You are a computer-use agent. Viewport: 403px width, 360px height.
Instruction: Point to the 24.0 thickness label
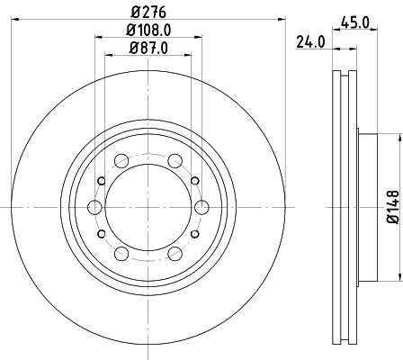click(x=310, y=41)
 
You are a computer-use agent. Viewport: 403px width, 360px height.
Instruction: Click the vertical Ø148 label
click(x=391, y=206)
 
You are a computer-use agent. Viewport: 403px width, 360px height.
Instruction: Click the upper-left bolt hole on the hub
click(x=121, y=162)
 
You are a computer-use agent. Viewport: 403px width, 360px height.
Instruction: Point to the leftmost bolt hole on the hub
click(x=94, y=207)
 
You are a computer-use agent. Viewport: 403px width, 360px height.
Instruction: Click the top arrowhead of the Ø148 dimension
click(x=396, y=138)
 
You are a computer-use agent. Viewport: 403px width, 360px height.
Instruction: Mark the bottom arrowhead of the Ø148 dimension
click(x=396, y=275)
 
